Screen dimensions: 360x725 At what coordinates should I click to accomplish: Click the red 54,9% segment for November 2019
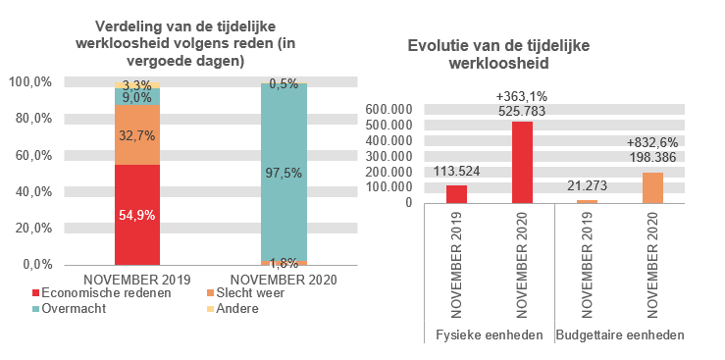point(136,214)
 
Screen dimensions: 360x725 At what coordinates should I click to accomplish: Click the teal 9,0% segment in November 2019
point(136,97)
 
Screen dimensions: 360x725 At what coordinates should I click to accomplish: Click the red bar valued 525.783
point(522,162)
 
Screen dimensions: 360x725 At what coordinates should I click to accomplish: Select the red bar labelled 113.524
point(456,193)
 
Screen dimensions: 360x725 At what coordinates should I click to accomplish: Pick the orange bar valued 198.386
point(651,187)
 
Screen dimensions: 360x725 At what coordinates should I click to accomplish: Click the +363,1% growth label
point(522,96)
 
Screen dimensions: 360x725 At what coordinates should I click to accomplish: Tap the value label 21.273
point(587,187)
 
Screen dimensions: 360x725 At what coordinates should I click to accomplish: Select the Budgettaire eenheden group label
point(619,335)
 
